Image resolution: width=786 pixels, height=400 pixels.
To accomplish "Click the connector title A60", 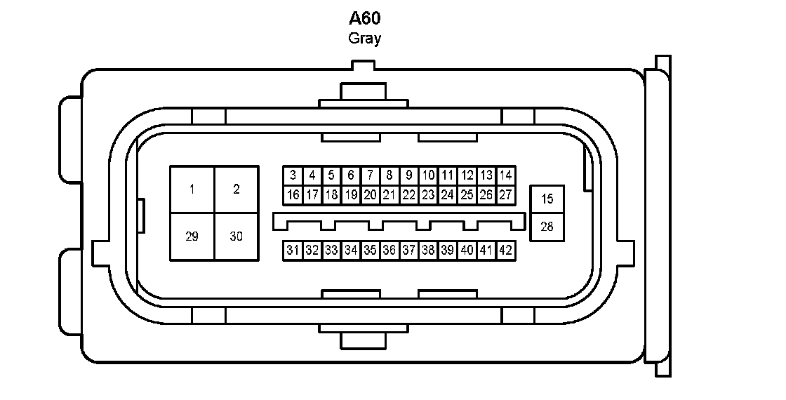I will coord(365,18).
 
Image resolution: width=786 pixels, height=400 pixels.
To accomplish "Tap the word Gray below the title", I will coord(365,39).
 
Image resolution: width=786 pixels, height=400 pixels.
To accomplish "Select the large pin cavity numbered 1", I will coord(192,189).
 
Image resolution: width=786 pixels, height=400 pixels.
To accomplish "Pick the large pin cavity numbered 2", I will coord(236,189).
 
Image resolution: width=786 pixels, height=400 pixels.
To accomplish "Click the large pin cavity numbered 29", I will coord(192,236).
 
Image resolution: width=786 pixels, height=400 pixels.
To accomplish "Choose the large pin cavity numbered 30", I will coord(236,236).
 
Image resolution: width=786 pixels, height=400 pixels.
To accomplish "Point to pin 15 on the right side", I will coord(547,199).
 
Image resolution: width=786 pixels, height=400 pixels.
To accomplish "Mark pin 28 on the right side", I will coord(547,227).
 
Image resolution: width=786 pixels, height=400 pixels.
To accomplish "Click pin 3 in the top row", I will coord(293,175).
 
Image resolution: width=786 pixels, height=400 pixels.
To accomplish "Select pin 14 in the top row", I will coord(505,175).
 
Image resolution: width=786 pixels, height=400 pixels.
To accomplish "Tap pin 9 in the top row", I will coord(408,175).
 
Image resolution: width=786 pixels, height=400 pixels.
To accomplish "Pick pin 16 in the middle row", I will coord(293,194).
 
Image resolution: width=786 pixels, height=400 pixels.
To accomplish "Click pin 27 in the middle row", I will coord(505,194).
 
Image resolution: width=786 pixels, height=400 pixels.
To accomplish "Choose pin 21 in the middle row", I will coord(389,194).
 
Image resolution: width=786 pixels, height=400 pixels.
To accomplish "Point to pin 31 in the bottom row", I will coord(293,250).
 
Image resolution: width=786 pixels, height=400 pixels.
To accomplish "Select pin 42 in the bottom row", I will coord(505,250).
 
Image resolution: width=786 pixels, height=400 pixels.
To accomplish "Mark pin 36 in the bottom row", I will coord(389,250).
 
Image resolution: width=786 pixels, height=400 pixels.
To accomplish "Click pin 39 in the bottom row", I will coord(448,250).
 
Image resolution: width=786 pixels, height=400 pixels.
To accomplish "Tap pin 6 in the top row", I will coord(351,175).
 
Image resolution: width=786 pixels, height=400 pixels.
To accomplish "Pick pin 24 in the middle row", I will coord(448,194).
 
